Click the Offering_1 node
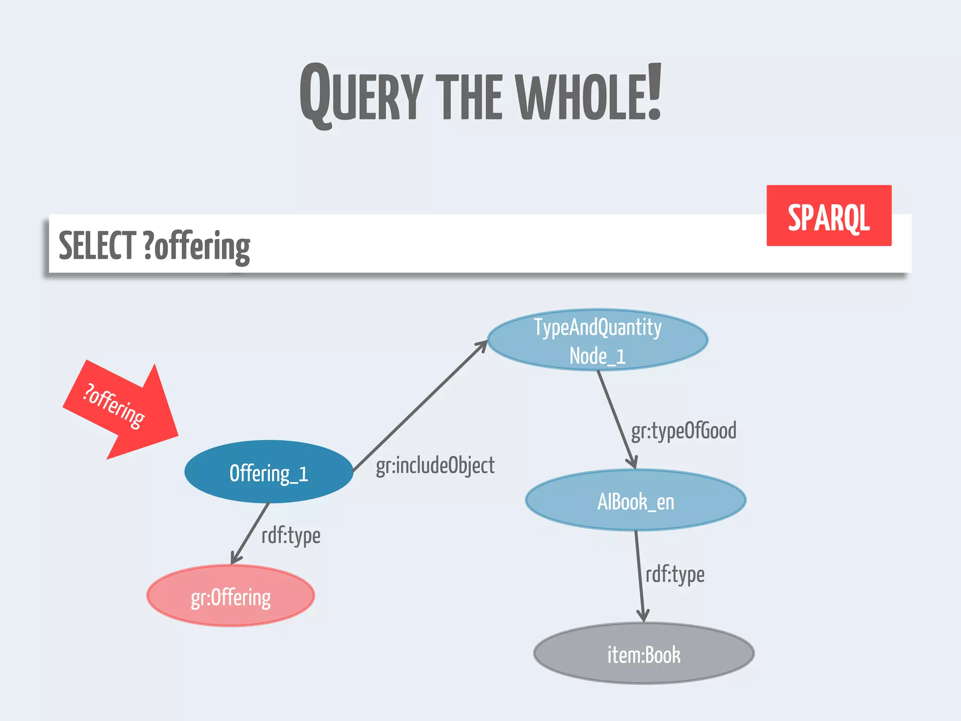268,472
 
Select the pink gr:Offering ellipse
230,596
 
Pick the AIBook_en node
635,500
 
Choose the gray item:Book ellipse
644,653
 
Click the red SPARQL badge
829,216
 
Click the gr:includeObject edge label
435,466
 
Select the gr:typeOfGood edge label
683,431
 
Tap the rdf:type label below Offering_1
291,536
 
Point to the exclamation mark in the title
654,92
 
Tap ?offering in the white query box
197,246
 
